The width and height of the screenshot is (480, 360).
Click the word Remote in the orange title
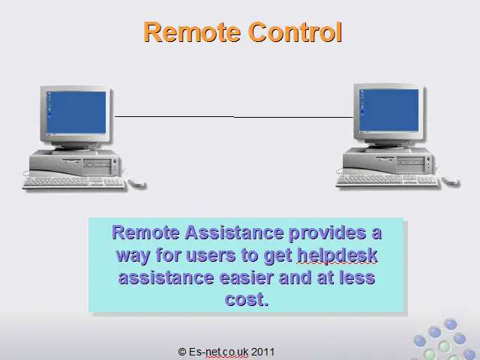pyautogui.click(x=192, y=31)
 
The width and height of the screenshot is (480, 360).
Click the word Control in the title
pyautogui.click(x=295, y=31)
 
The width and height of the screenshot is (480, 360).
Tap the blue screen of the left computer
pyautogui.click(x=76, y=112)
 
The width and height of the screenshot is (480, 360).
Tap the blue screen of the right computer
pyautogui.click(x=388, y=110)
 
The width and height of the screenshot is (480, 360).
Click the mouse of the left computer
pyautogui.click(x=136, y=182)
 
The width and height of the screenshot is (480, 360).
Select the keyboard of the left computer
pyautogui.click(x=73, y=182)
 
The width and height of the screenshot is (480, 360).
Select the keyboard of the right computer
pyautogui.click(x=387, y=180)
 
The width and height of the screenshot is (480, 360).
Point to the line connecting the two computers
pyautogui.click(x=234, y=117)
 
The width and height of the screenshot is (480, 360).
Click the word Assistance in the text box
pyautogui.click(x=234, y=232)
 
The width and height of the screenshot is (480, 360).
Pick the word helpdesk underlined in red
pyautogui.click(x=337, y=255)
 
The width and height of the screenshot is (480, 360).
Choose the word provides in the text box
pyautogui.click(x=327, y=233)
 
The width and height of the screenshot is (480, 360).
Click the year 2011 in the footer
pyautogui.click(x=263, y=352)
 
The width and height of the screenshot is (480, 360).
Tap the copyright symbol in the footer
pyautogui.click(x=182, y=352)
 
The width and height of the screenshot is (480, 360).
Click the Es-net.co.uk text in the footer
pyautogui.click(x=218, y=352)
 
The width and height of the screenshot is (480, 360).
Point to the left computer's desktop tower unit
pyautogui.click(x=74, y=163)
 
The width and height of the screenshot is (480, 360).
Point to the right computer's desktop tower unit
pyautogui.click(x=387, y=160)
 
